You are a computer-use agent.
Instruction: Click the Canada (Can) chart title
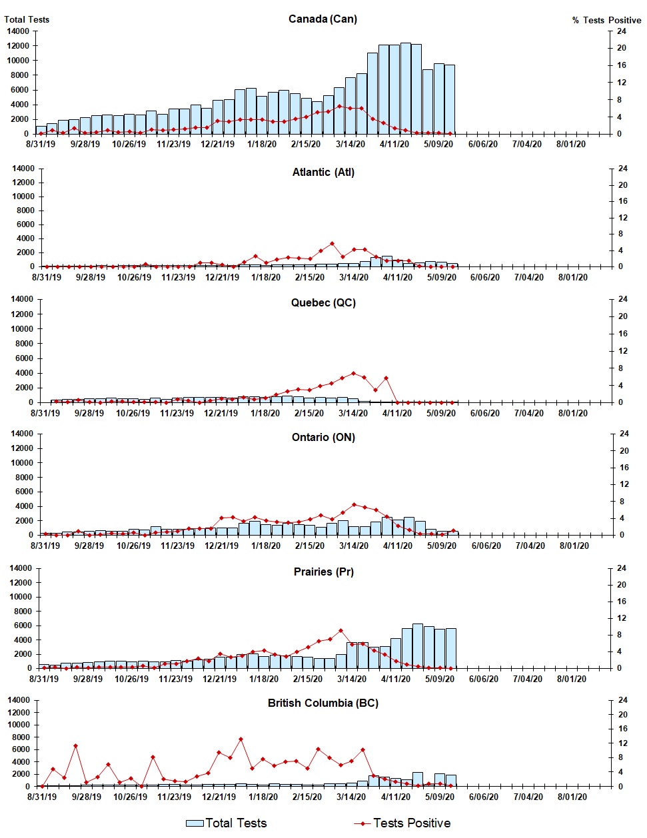tap(323, 19)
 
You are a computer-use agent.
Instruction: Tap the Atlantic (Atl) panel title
tap(323, 172)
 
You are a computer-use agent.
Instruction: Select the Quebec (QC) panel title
tap(323, 302)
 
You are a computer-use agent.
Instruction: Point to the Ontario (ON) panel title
tap(323, 437)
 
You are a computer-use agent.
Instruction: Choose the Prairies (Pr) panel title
tap(323, 572)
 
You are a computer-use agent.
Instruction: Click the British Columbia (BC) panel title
tap(323, 703)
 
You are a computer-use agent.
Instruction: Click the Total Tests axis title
tap(27, 19)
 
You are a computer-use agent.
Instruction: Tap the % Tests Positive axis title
tap(606, 20)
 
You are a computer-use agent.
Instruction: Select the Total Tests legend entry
tap(227, 823)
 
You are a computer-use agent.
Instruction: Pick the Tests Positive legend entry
tap(402, 823)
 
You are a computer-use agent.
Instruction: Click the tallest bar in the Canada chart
tap(405, 88)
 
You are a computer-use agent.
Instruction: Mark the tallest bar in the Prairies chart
tap(418, 645)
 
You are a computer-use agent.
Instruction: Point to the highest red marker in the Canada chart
tap(340, 106)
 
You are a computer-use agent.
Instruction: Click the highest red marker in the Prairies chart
tap(340, 630)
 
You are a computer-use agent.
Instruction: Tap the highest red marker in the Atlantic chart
tap(332, 244)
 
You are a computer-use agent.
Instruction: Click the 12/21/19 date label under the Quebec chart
tap(221, 413)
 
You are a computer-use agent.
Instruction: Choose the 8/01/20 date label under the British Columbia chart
tap(571, 797)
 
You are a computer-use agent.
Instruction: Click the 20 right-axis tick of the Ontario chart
tap(624, 451)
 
